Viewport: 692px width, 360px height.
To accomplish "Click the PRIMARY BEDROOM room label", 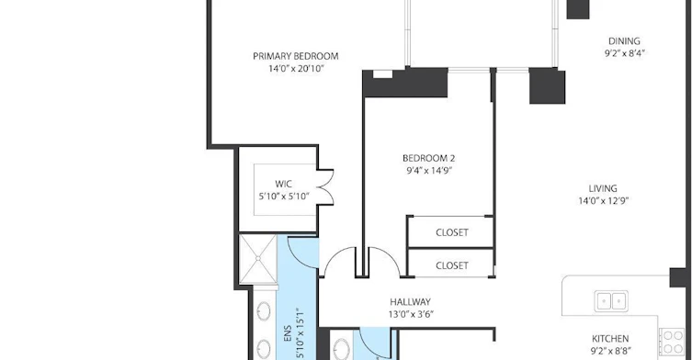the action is [x=296, y=56].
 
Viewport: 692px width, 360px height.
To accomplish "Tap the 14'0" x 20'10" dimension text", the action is [x=296, y=68].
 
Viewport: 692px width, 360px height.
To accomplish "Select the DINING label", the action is [x=624, y=41].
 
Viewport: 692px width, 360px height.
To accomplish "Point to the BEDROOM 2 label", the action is [x=428, y=158].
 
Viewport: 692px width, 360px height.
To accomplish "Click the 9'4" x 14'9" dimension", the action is [x=429, y=170].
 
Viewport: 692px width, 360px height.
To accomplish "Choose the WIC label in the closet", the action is [x=283, y=184].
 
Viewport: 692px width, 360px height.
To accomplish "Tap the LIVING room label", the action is [x=603, y=188].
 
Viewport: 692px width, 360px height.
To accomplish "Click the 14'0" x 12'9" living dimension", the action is [x=603, y=201].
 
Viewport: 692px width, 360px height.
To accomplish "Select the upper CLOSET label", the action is [x=452, y=232].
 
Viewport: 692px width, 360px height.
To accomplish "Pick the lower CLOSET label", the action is [x=452, y=265].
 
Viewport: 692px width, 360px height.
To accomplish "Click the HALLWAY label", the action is [x=410, y=302].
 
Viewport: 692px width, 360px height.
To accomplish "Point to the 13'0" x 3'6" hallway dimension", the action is [x=411, y=314].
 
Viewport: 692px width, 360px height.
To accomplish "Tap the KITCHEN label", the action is [x=610, y=339].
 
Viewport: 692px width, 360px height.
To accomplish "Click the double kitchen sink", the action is [x=611, y=301].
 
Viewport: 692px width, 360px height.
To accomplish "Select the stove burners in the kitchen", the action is [x=673, y=343].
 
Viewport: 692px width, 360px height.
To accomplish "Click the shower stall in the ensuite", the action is [x=257, y=259].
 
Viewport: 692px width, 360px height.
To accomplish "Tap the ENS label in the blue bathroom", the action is [x=288, y=334].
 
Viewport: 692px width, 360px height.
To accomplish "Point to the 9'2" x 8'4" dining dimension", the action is [x=625, y=53].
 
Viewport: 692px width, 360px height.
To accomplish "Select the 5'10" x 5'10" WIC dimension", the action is [x=284, y=197].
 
